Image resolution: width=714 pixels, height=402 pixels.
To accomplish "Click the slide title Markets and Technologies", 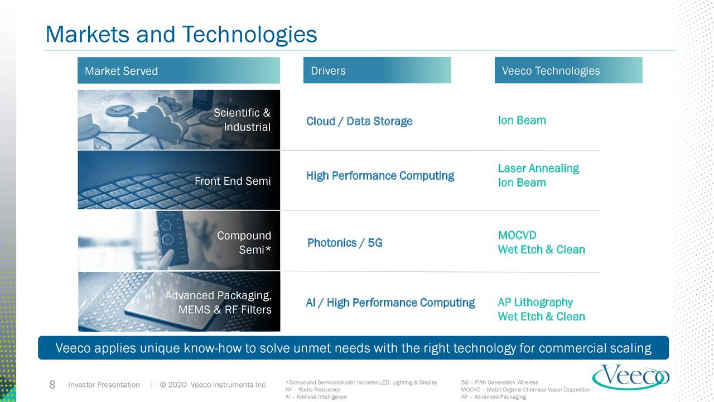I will coord(181,35).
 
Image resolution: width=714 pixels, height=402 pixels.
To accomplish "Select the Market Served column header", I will coord(121,71).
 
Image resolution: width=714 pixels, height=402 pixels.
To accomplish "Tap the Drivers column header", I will coord(328,71).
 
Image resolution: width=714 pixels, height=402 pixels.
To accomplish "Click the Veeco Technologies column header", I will coord(551,71).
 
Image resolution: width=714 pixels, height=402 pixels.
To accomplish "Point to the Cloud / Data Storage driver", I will coord(359,121).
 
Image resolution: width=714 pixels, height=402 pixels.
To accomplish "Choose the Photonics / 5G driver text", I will coord(345,243).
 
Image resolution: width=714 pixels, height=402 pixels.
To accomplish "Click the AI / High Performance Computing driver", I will coord(390,303).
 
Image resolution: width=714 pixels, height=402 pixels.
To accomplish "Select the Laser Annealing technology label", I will coord(538,168).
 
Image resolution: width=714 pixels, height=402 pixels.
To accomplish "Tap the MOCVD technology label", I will coord(517,235).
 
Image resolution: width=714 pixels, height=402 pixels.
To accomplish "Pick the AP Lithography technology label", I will coord(535,302).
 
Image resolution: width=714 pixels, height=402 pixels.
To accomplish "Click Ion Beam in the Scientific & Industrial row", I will coord(522,121).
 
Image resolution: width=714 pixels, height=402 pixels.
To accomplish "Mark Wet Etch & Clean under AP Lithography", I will coord(541,317).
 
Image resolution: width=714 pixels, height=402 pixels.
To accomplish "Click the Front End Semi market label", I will coord(233,181).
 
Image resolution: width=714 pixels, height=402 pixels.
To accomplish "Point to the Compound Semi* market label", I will coord(244,243).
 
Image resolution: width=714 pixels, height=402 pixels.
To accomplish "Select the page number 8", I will coord(52,385).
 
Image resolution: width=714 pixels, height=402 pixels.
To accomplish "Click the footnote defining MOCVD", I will coord(525,390).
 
